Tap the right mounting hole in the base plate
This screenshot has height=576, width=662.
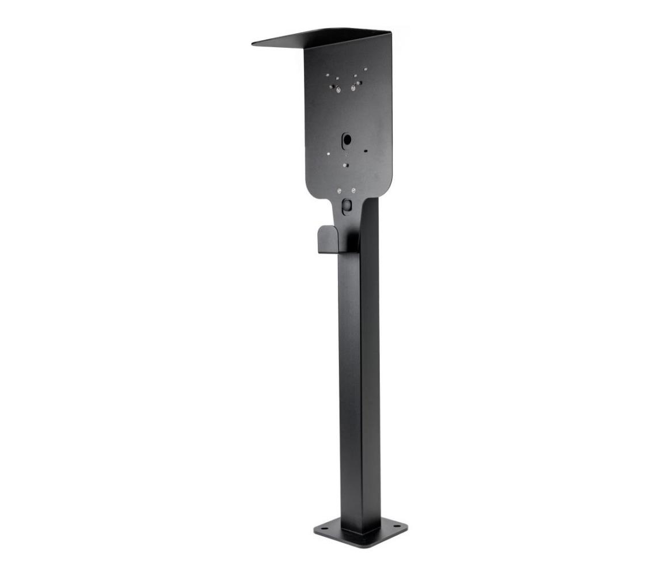[397, 526]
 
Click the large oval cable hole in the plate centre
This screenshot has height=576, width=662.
[347, 139]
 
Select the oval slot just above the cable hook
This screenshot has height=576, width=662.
[347, 205]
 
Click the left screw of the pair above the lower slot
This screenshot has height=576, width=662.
[340, 191]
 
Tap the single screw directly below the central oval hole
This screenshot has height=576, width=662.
[345, 165]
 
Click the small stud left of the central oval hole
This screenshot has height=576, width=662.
[328, 154]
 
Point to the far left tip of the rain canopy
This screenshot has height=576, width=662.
[253, 43]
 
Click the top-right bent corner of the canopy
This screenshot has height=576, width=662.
[390, 33]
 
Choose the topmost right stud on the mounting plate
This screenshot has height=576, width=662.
[365, 71]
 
